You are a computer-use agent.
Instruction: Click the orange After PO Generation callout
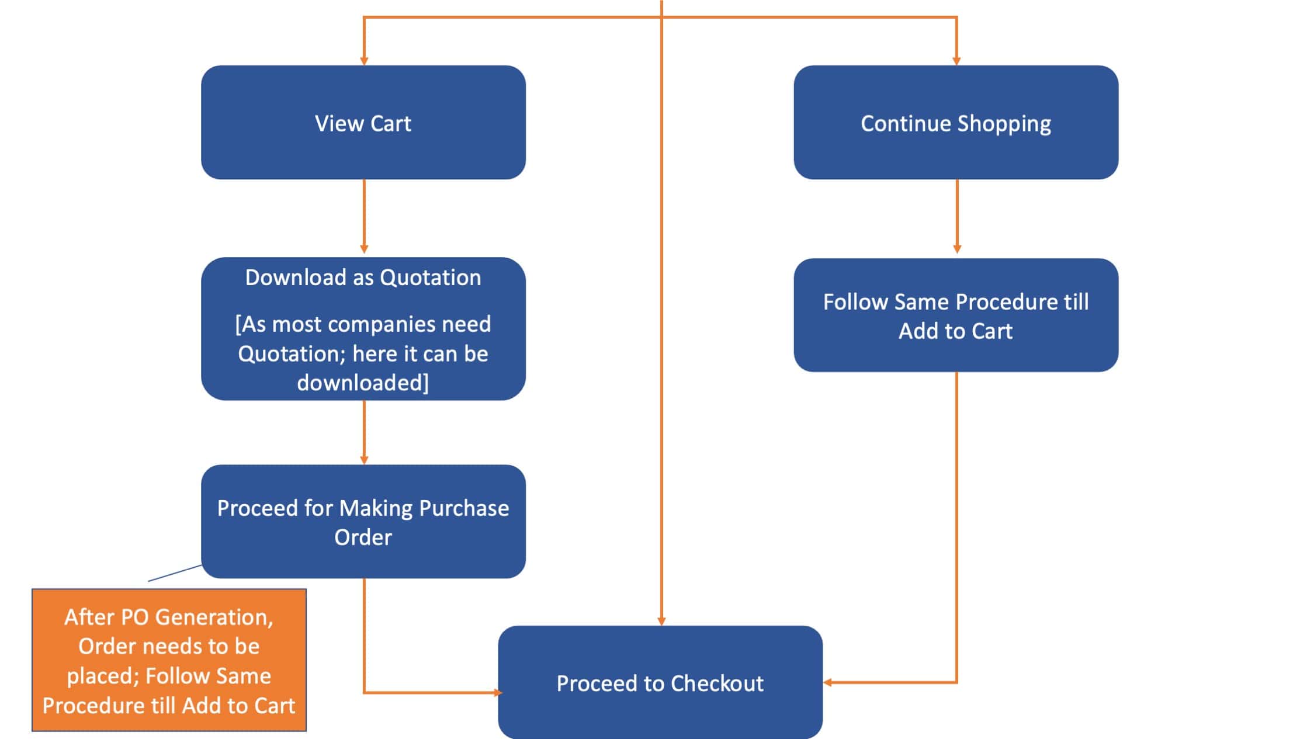click(169, 660)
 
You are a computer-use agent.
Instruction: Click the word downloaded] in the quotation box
click(363, 383)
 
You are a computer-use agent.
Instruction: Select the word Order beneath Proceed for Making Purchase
click(363, 537)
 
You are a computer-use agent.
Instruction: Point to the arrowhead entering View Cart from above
click(364, 61)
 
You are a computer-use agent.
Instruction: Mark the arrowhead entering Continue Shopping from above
click(956, 61)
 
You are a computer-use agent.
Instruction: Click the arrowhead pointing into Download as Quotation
click(364, 249)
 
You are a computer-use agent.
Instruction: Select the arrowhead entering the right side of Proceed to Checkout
click(828, 682)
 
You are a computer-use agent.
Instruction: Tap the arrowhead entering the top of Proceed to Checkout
click(661, 622)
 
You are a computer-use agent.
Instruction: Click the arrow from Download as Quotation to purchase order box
click(364, 432)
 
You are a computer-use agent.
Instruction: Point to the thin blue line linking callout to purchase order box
click(175, 573)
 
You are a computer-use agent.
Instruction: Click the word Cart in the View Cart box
click(391, 124)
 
